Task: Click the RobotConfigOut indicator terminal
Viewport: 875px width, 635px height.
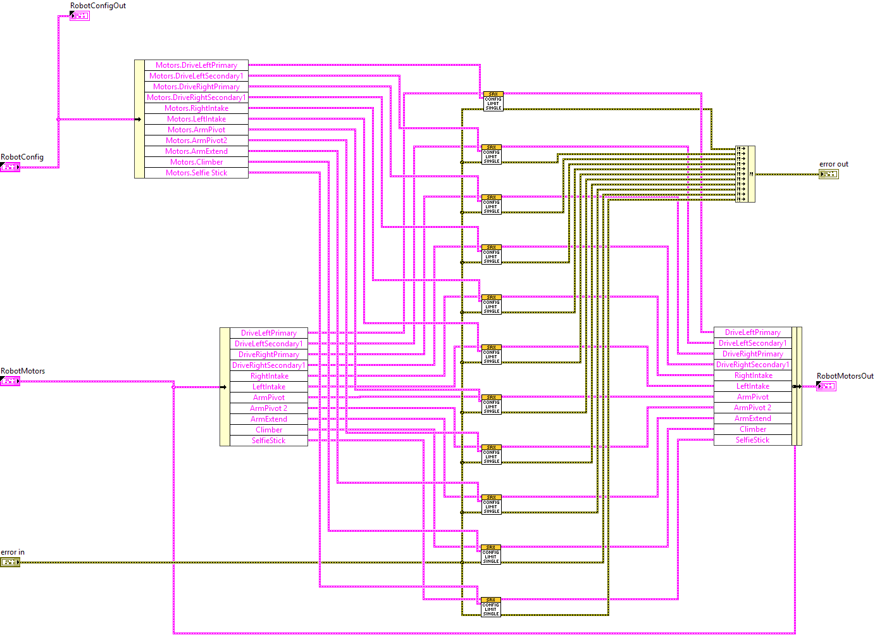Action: (80, 16)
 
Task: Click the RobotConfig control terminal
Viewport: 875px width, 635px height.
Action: (10, 167)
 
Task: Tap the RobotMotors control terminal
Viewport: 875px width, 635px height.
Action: (10, 381)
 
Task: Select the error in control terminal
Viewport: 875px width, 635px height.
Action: (10, 562)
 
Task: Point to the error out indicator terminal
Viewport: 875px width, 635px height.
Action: (828, 174)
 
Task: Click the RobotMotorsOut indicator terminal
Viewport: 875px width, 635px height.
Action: (826, 386)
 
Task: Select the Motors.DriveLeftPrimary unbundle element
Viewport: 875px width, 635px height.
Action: (196, 65)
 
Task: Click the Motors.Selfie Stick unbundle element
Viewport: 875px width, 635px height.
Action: (196, 173)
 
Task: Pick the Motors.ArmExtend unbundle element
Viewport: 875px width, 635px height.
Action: (196, 151)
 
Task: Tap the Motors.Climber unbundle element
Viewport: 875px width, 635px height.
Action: (196, 162)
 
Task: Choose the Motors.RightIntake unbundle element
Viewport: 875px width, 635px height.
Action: (196, 108)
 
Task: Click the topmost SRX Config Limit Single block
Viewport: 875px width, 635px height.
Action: (493, 101)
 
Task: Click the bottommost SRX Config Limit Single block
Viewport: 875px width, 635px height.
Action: (491, 607)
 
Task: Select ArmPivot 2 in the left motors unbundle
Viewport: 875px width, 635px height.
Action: (268, 408)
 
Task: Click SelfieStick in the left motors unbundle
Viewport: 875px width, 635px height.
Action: (268, 441)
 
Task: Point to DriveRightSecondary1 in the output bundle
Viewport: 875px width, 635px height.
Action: (752, 365)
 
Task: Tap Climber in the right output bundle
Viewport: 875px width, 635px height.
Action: (752, 429)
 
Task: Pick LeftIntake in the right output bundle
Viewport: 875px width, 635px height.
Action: (752, 386)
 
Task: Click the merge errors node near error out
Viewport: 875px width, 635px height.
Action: (745, 174)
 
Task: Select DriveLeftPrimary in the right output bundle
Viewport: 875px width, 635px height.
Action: (752, 332)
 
